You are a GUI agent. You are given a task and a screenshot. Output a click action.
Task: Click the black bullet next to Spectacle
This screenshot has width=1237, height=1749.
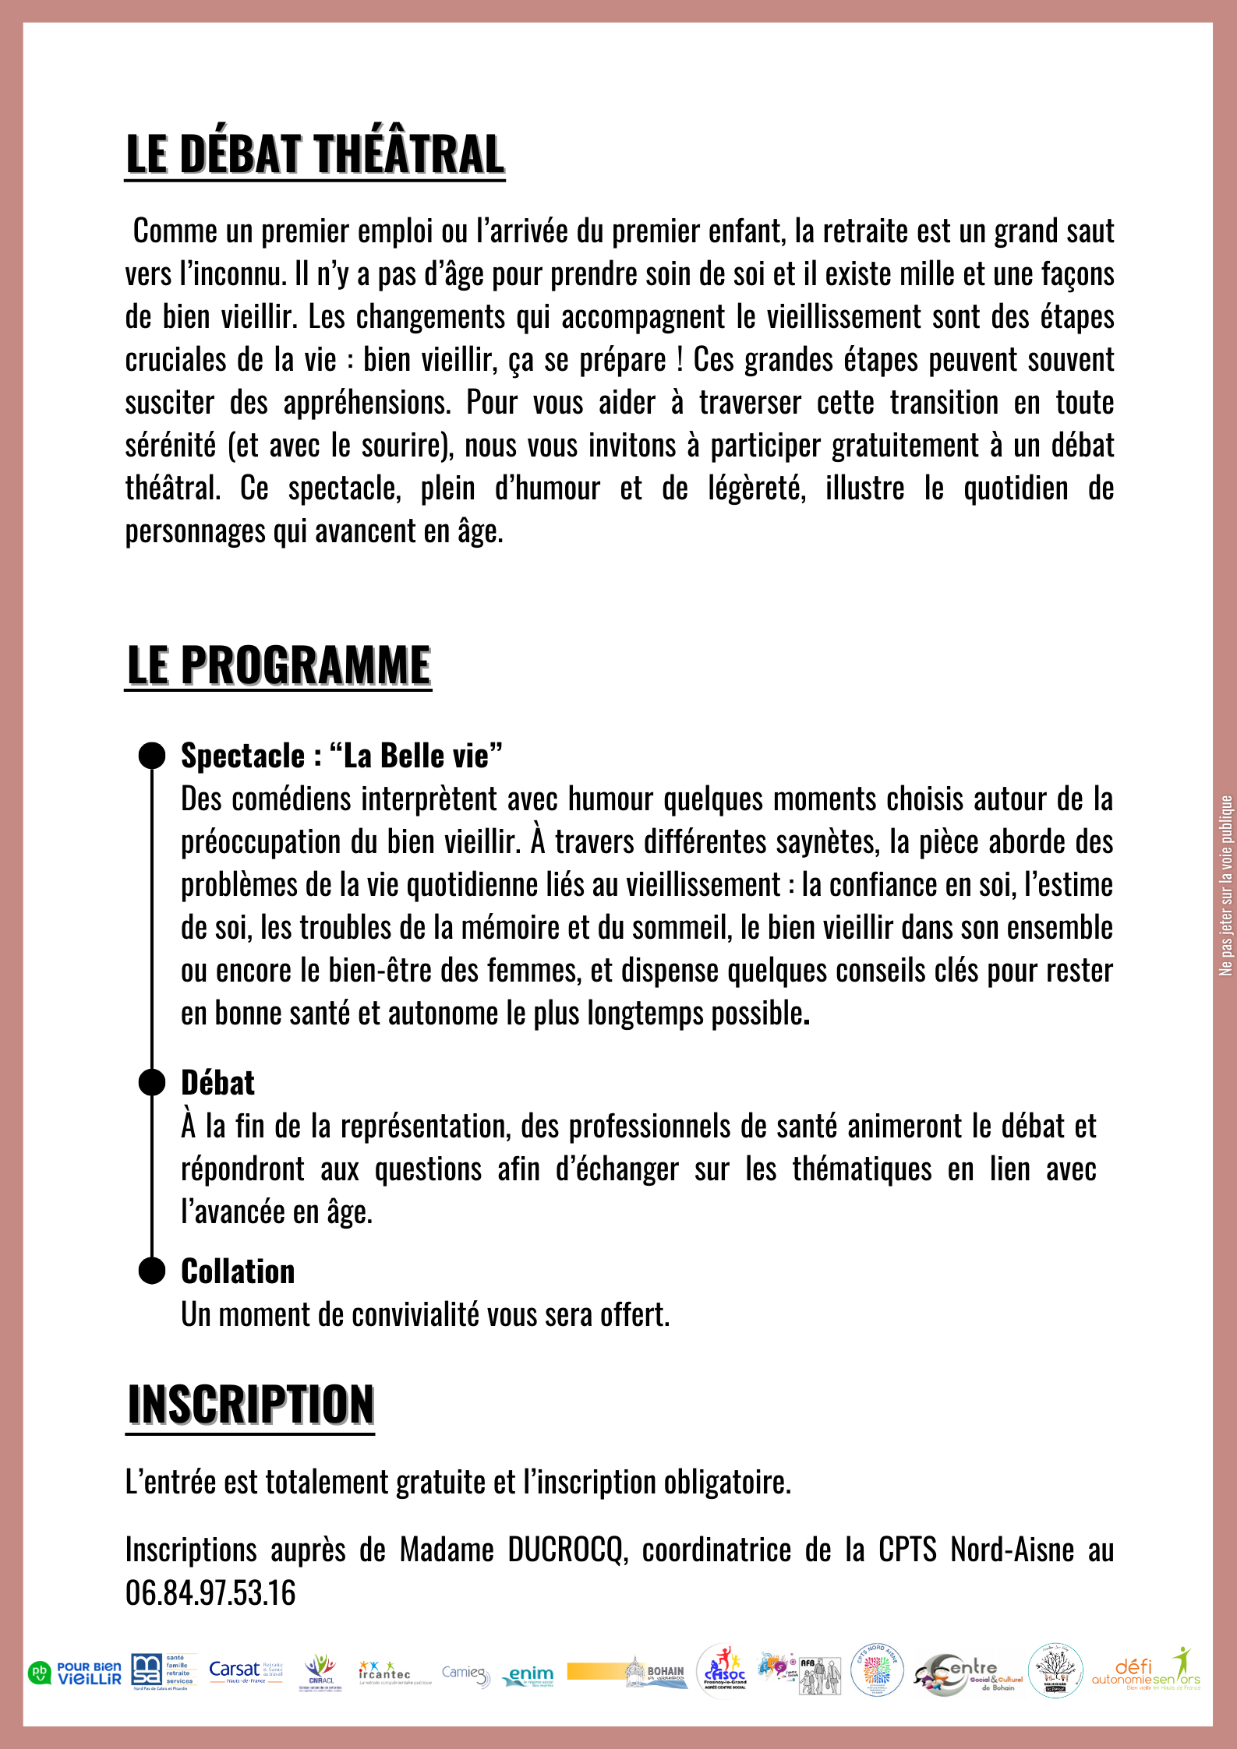coord(152,756)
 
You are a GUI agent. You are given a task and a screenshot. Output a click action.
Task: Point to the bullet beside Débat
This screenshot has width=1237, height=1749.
coord(152,1083)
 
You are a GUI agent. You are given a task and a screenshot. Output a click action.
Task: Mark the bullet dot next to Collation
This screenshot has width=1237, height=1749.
coord(152,1271)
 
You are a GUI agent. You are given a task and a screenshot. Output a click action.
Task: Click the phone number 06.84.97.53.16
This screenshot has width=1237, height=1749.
coord(210,1593)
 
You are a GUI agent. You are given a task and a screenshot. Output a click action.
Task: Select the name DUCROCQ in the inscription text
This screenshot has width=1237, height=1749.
coord(567,1550)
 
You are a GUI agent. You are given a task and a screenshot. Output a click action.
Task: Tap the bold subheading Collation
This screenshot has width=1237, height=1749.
coord(238,1271)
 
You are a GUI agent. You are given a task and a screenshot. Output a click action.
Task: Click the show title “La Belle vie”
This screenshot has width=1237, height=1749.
coord(415,756)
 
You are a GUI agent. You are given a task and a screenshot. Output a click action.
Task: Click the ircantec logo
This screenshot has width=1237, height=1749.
coord(385,1673)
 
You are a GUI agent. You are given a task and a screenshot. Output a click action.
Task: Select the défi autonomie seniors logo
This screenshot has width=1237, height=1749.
coord(1146,1671)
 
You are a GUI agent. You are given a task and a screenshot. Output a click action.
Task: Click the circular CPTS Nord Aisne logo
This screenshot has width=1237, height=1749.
coord(877,1670)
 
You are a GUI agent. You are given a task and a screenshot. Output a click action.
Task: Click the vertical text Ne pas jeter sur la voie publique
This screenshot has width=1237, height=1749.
coord(1226,884)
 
